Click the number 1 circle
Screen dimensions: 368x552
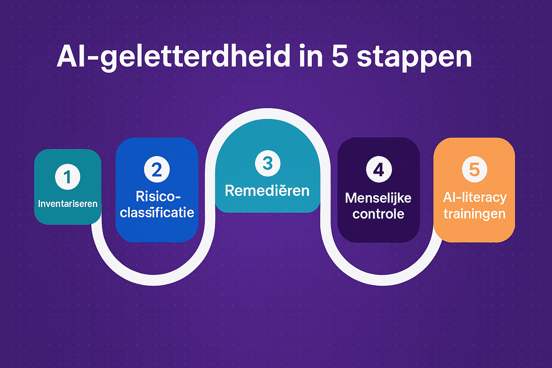pyautogui.click(x=68, y=177)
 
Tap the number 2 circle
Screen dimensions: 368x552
pyautogui.click(x=157, y=170)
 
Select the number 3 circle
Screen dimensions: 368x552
pyautogui.click(x=267, y=164)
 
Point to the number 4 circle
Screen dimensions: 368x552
pyautogui.click(x=379, y=169)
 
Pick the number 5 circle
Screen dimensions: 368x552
pyautogui.click(x=474, y=169)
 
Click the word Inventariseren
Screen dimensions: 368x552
pyautogui.click(x=68, y=204)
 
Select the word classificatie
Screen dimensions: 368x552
pyautogui.click(x=157, y=213)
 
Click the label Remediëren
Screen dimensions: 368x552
pyautogui.click(x=267, y=191)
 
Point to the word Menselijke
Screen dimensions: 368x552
pyautogui.click(x=378, y=198)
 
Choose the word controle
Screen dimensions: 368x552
pyautogui.click(x=378, y=214)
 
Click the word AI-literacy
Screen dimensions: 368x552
pyautogui.click(x=475, y=197)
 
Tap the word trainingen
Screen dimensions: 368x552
pyautogui.click(x=474, y=214)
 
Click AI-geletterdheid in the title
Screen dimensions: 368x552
pyautogui.click(x=174, y=57)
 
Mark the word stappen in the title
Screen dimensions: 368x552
pyautogui.click(x=414, y=57)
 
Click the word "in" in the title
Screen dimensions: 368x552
pyautogui.click(x=311, y=56)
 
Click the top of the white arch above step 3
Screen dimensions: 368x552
pyautogui.click(x=267, y=114)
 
